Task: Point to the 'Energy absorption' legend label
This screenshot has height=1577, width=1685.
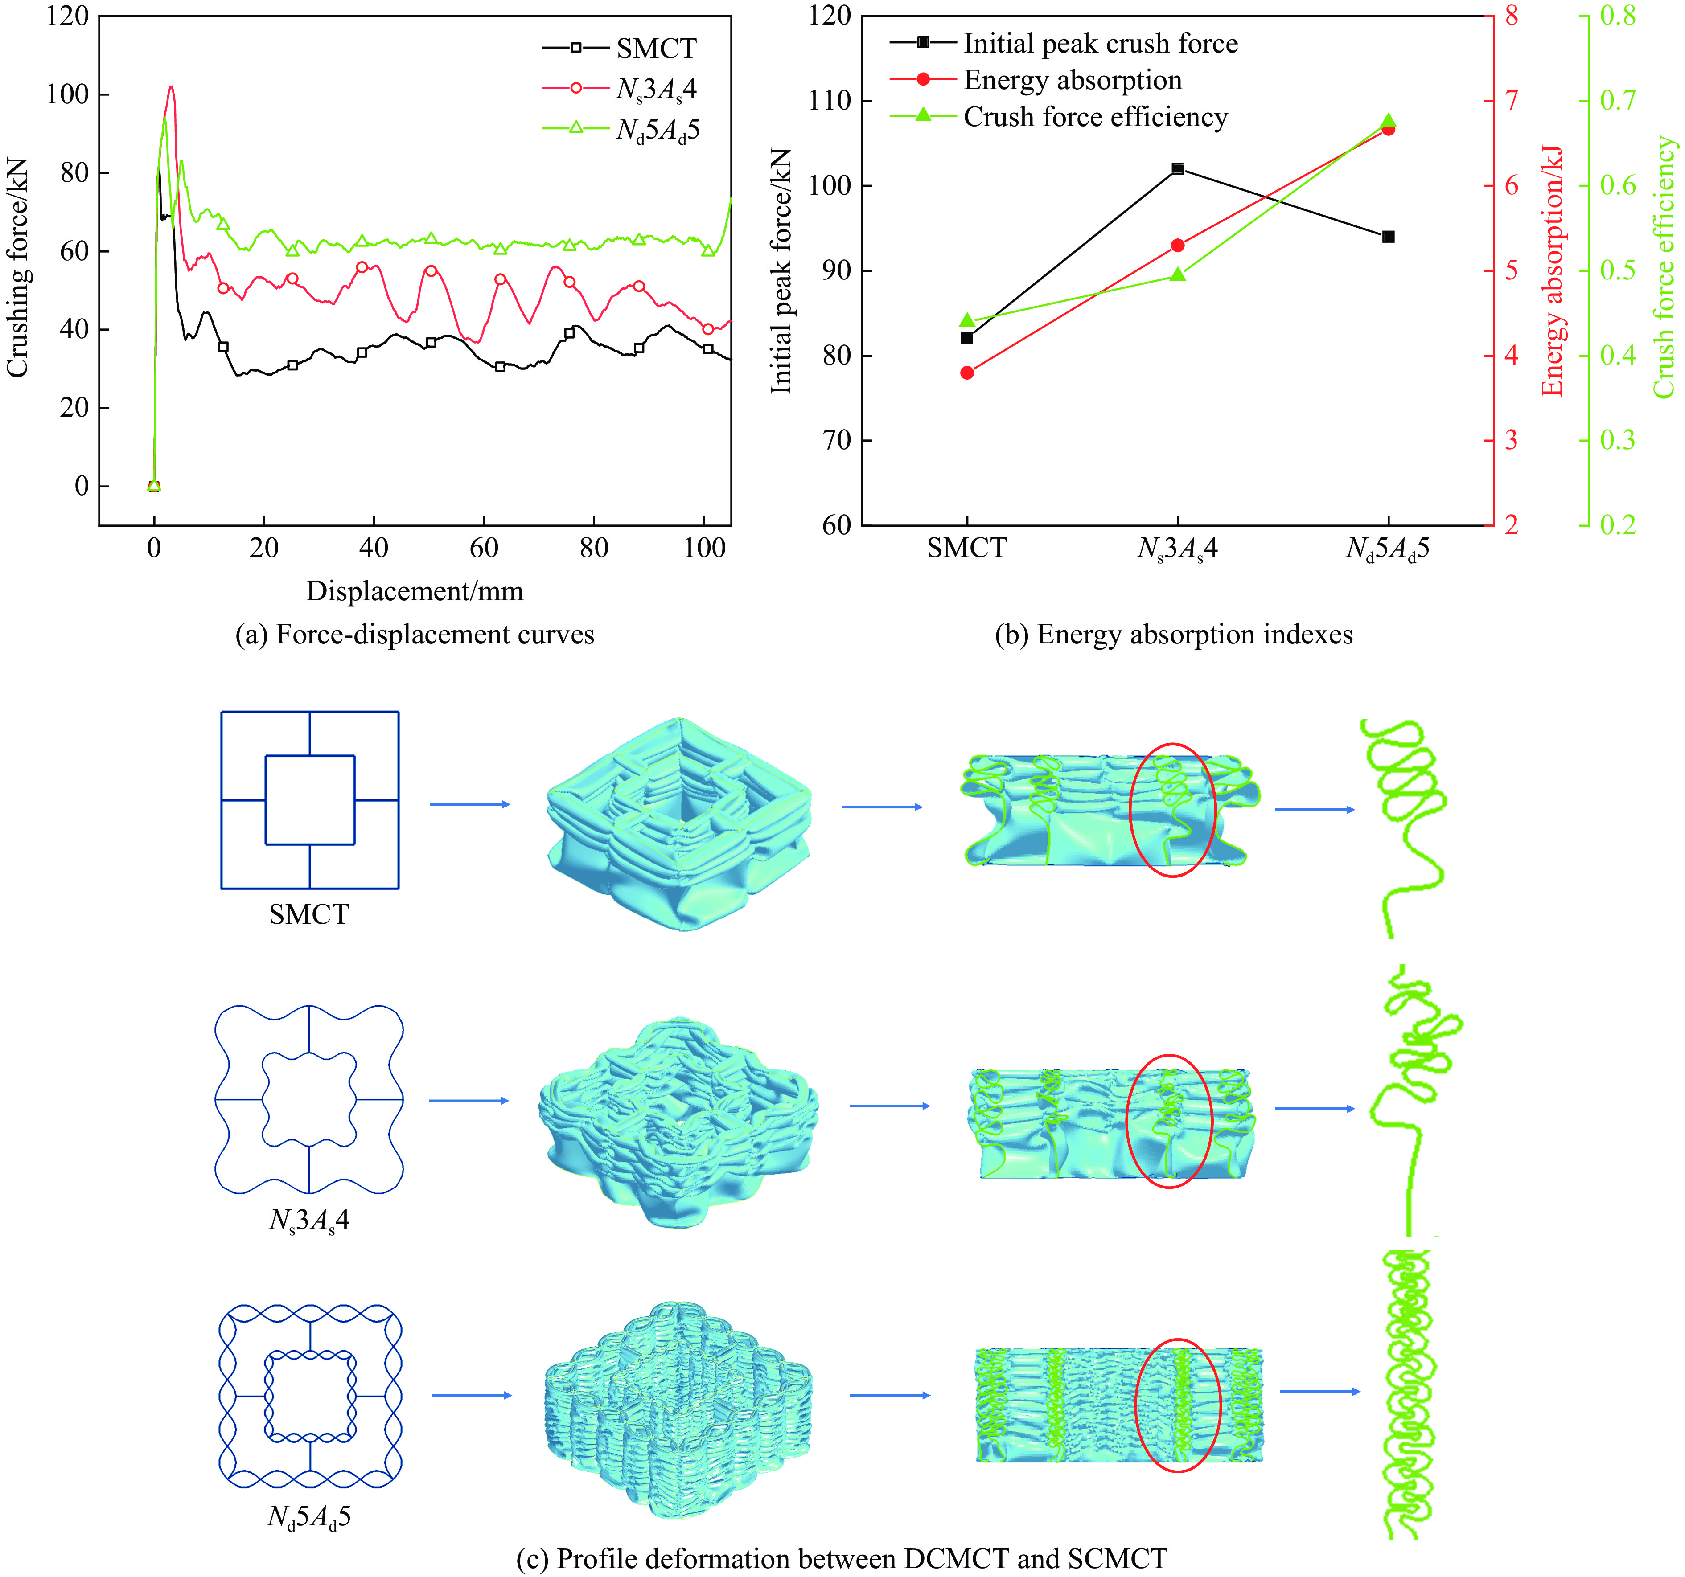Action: tap(1072, 81)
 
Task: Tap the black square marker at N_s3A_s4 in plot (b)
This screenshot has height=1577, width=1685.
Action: tap(1177, 168)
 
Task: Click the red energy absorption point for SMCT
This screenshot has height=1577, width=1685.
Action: tap(967, 372)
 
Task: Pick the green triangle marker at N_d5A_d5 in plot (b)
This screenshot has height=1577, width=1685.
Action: tap(1389, 121)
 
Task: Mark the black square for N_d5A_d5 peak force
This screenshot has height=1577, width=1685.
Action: tap(1389, 237)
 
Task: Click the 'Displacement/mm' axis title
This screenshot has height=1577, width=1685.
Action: tap(415, 590)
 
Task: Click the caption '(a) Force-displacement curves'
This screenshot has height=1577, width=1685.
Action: tap(415, 635)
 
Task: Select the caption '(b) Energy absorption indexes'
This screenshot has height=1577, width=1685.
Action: tap(1173, 635)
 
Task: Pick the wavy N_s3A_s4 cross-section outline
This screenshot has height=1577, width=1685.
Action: tap(309, 1099)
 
